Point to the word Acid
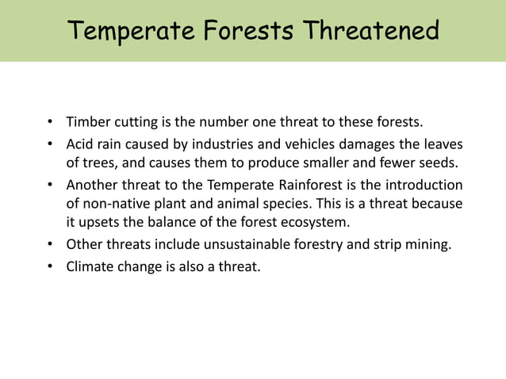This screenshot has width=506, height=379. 81,145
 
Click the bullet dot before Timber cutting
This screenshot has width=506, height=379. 49,123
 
